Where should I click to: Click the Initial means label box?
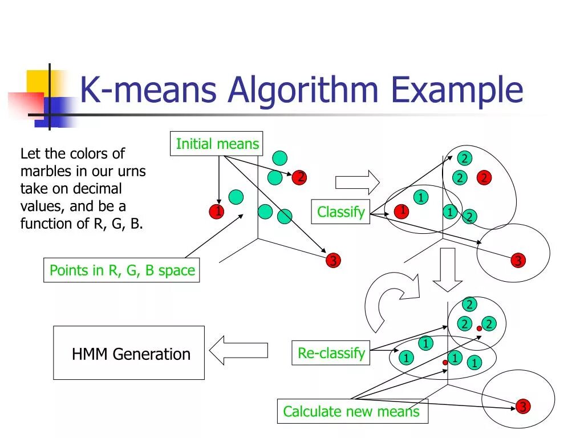tap(217, 144)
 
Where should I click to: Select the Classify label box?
tap(340, 212)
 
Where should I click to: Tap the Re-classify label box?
tap(331, 353)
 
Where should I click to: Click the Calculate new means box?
tap(351, 411)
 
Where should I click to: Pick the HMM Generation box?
tap(129, 353)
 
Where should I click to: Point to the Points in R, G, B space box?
tap(122, 270)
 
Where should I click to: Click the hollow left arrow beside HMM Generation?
tap(238, 350)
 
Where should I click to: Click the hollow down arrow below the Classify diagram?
tap(447, 269)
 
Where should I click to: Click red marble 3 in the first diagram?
tap(332, 261)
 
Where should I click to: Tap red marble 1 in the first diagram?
tap(217, 212)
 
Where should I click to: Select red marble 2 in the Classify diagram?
tap(484, 178)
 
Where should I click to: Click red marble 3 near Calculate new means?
tap(522, 407)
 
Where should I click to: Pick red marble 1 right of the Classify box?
tap(401, 212)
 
